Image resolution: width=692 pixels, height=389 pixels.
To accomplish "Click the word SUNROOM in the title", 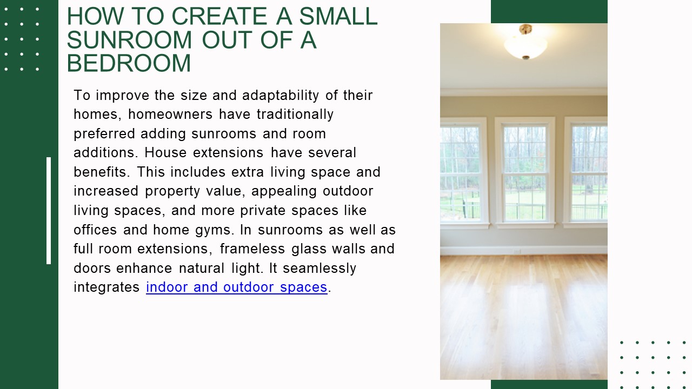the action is (x=129, y=40).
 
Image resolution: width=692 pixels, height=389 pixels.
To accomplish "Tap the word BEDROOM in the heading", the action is (x=129, y=63).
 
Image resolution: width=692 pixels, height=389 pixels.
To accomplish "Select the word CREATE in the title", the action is (x=219, y=16).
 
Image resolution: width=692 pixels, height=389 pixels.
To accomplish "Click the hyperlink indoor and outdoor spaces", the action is (x=237, y=287).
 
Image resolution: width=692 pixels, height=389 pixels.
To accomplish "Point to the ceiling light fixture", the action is (x=525, y=42).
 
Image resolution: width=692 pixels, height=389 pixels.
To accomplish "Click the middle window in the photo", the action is (x=524, y=172).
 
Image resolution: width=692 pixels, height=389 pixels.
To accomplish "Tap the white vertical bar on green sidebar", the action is (x=49, y=211).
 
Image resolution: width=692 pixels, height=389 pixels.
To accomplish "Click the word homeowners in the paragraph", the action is (x=170, y=114).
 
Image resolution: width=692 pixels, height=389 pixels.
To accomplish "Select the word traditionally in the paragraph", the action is (x=295, y=115).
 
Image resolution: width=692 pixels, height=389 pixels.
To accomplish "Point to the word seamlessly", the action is (x=320, y=269).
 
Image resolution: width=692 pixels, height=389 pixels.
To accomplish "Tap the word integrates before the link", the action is (x=107, y=287).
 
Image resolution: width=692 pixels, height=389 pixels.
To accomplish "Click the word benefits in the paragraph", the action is (x=102, y=172).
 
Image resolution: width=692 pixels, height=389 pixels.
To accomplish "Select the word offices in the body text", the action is (x=95, y=230).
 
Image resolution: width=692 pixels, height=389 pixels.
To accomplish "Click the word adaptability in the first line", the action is (x=280, y=96).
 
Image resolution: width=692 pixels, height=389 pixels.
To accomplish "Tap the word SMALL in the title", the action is (x=338, y=16).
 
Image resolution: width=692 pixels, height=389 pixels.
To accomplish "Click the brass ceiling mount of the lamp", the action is (x=525, y=29).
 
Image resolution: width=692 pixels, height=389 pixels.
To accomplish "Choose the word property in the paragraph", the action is (x=172, y=191).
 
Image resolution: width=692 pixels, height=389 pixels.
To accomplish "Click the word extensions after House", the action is (x=228, y=153).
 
